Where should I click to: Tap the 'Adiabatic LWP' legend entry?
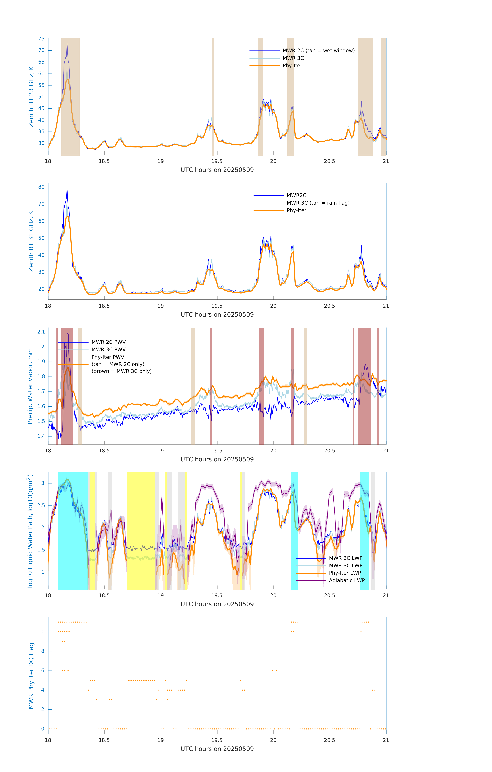point(347,580)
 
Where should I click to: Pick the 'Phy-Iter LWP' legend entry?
point(345,573)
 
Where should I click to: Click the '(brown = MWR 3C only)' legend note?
point(121,371)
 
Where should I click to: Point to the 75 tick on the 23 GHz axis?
point(41,39)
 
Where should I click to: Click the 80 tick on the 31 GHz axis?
point(41,187)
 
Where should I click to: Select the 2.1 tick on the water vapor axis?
point(41,332)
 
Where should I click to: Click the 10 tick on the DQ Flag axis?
point(41,632)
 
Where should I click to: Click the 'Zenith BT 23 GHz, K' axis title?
point(31,97)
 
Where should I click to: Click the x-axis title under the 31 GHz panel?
point(217,314)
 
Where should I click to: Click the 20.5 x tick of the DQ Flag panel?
point(330,740)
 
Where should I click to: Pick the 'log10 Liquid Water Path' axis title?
point(30,531)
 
